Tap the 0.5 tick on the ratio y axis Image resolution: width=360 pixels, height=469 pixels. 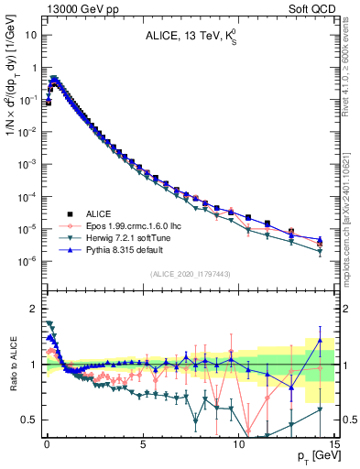coord(29,420)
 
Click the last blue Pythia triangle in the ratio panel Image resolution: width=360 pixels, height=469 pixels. coord(320,340)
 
